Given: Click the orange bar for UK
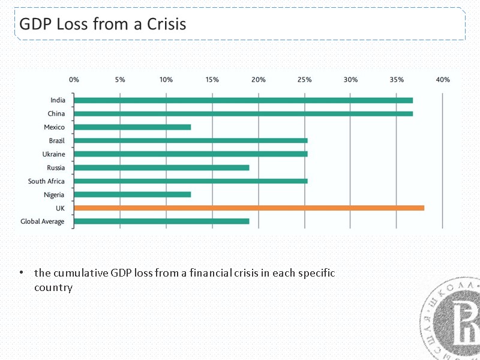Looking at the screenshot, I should tap(248, 208).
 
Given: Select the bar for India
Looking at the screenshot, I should tap(243, 100).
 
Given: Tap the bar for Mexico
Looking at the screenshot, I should tap(132, 127).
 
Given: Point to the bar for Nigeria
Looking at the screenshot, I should tap(132, 194).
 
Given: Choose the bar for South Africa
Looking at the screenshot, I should tap(190, 181).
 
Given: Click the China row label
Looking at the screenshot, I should tap(56, 113).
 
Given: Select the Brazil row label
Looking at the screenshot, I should tap(56, 140).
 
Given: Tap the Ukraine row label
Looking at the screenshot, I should tap(53, 154).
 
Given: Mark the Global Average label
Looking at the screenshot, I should tap(42, 221).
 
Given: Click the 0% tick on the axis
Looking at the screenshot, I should tap(74, 79).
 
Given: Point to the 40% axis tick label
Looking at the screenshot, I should tap(442, 79).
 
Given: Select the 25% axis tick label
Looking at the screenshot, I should tap(304, 79).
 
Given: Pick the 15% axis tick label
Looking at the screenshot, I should tap(212, 79).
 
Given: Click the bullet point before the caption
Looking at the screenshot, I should tap(20, 273).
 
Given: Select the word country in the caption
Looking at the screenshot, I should tap(53, 287).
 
